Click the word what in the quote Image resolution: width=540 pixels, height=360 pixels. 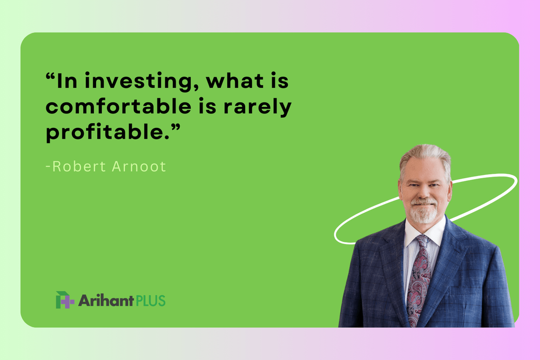(x=237, y=82)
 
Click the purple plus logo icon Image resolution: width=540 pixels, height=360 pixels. (x=64, y=300)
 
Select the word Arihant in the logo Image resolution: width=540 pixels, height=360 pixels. (x=106, y=301)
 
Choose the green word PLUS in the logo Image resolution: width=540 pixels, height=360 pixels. (x=150, y=301)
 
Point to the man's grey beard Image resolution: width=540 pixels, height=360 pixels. (x=424, y=212)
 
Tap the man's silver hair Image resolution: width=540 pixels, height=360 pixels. (x=425, y=154)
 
